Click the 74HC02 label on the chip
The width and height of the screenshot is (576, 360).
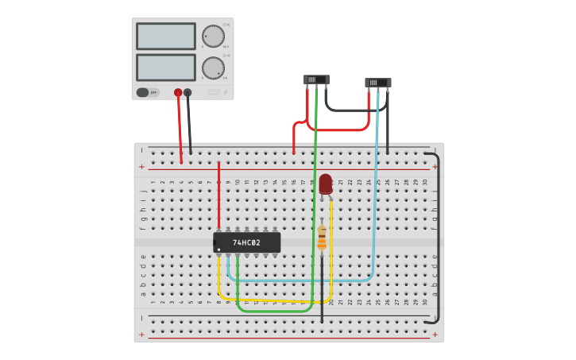click(248, 242)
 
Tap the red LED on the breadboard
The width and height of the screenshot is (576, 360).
click(326, 184)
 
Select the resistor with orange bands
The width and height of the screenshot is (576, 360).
click(322, 238)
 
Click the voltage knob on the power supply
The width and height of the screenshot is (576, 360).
click(213, 36)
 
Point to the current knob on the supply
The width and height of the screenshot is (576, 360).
click(213, 68)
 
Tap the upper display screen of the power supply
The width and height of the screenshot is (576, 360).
click(165, 37)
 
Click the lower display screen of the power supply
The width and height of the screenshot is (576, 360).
click(165, 68)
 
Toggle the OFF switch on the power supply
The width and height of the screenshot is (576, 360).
click(147, 92)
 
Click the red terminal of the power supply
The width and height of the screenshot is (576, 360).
click(178, 92)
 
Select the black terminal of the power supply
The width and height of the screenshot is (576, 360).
click(187, 92)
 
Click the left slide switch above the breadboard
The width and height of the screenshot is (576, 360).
click(316, 79)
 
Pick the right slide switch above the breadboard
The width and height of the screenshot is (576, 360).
click(377, 83)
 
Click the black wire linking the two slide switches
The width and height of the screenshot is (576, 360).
click(346, 110)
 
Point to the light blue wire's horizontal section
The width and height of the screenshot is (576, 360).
click(302, 281)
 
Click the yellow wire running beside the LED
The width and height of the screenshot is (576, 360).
click(331, 238)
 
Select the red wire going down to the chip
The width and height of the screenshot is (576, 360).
click(218, 195)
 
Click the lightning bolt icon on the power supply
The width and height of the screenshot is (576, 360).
click(225, 92)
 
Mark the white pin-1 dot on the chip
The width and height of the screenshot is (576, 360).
click(218, 250)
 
